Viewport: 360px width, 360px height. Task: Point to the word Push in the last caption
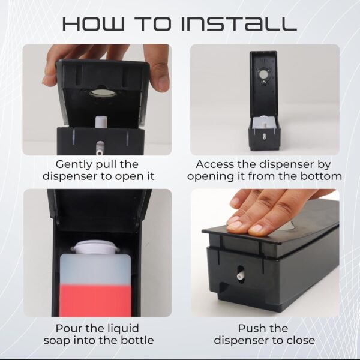[251, 328]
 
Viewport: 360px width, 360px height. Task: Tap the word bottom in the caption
[319, 176]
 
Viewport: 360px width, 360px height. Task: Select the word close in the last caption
[300, 341]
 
